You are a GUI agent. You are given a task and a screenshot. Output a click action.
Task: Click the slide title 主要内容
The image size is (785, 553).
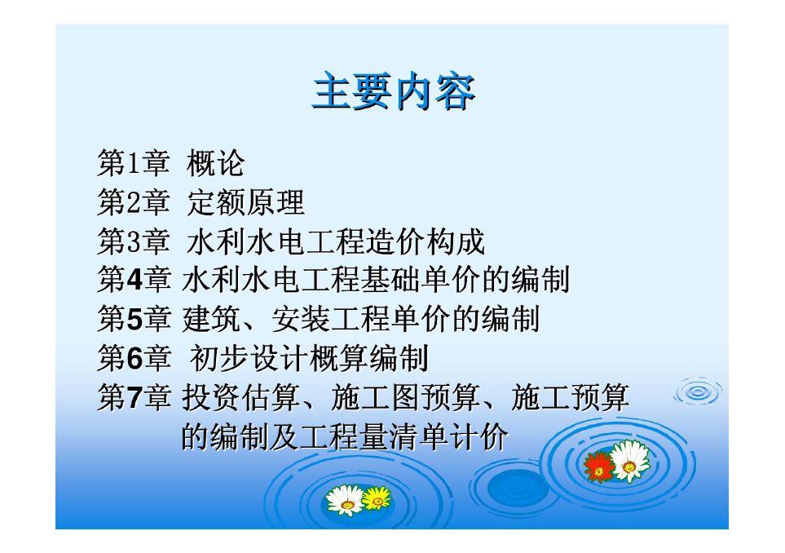(394, 91)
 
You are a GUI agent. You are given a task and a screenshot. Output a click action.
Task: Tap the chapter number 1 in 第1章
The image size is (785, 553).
(133, 163)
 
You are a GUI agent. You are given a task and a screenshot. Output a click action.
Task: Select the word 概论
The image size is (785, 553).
(215, 163)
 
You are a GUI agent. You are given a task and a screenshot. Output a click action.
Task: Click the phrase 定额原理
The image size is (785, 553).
(245, 202)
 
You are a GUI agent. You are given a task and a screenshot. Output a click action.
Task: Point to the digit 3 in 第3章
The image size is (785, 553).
(133, 241)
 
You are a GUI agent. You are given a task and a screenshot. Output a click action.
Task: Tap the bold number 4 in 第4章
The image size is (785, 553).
(135, 280)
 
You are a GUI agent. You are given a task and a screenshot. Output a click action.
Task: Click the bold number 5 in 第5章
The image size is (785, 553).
(135, 319)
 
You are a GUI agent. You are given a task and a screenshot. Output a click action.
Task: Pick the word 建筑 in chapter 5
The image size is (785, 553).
(211, 319)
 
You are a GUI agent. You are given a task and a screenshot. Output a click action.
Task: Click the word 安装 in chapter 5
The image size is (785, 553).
(301, 319)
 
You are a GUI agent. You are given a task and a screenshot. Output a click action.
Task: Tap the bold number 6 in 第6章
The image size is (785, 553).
(135, 357)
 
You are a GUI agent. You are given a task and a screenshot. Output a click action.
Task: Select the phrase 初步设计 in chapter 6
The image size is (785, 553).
(249, 357)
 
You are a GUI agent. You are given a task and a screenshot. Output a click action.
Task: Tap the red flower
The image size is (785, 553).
(598, 467)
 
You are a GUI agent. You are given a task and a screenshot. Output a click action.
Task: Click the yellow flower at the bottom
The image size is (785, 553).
(377, 498)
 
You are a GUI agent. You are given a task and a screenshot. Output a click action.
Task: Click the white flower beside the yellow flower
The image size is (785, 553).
(345, 500)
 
